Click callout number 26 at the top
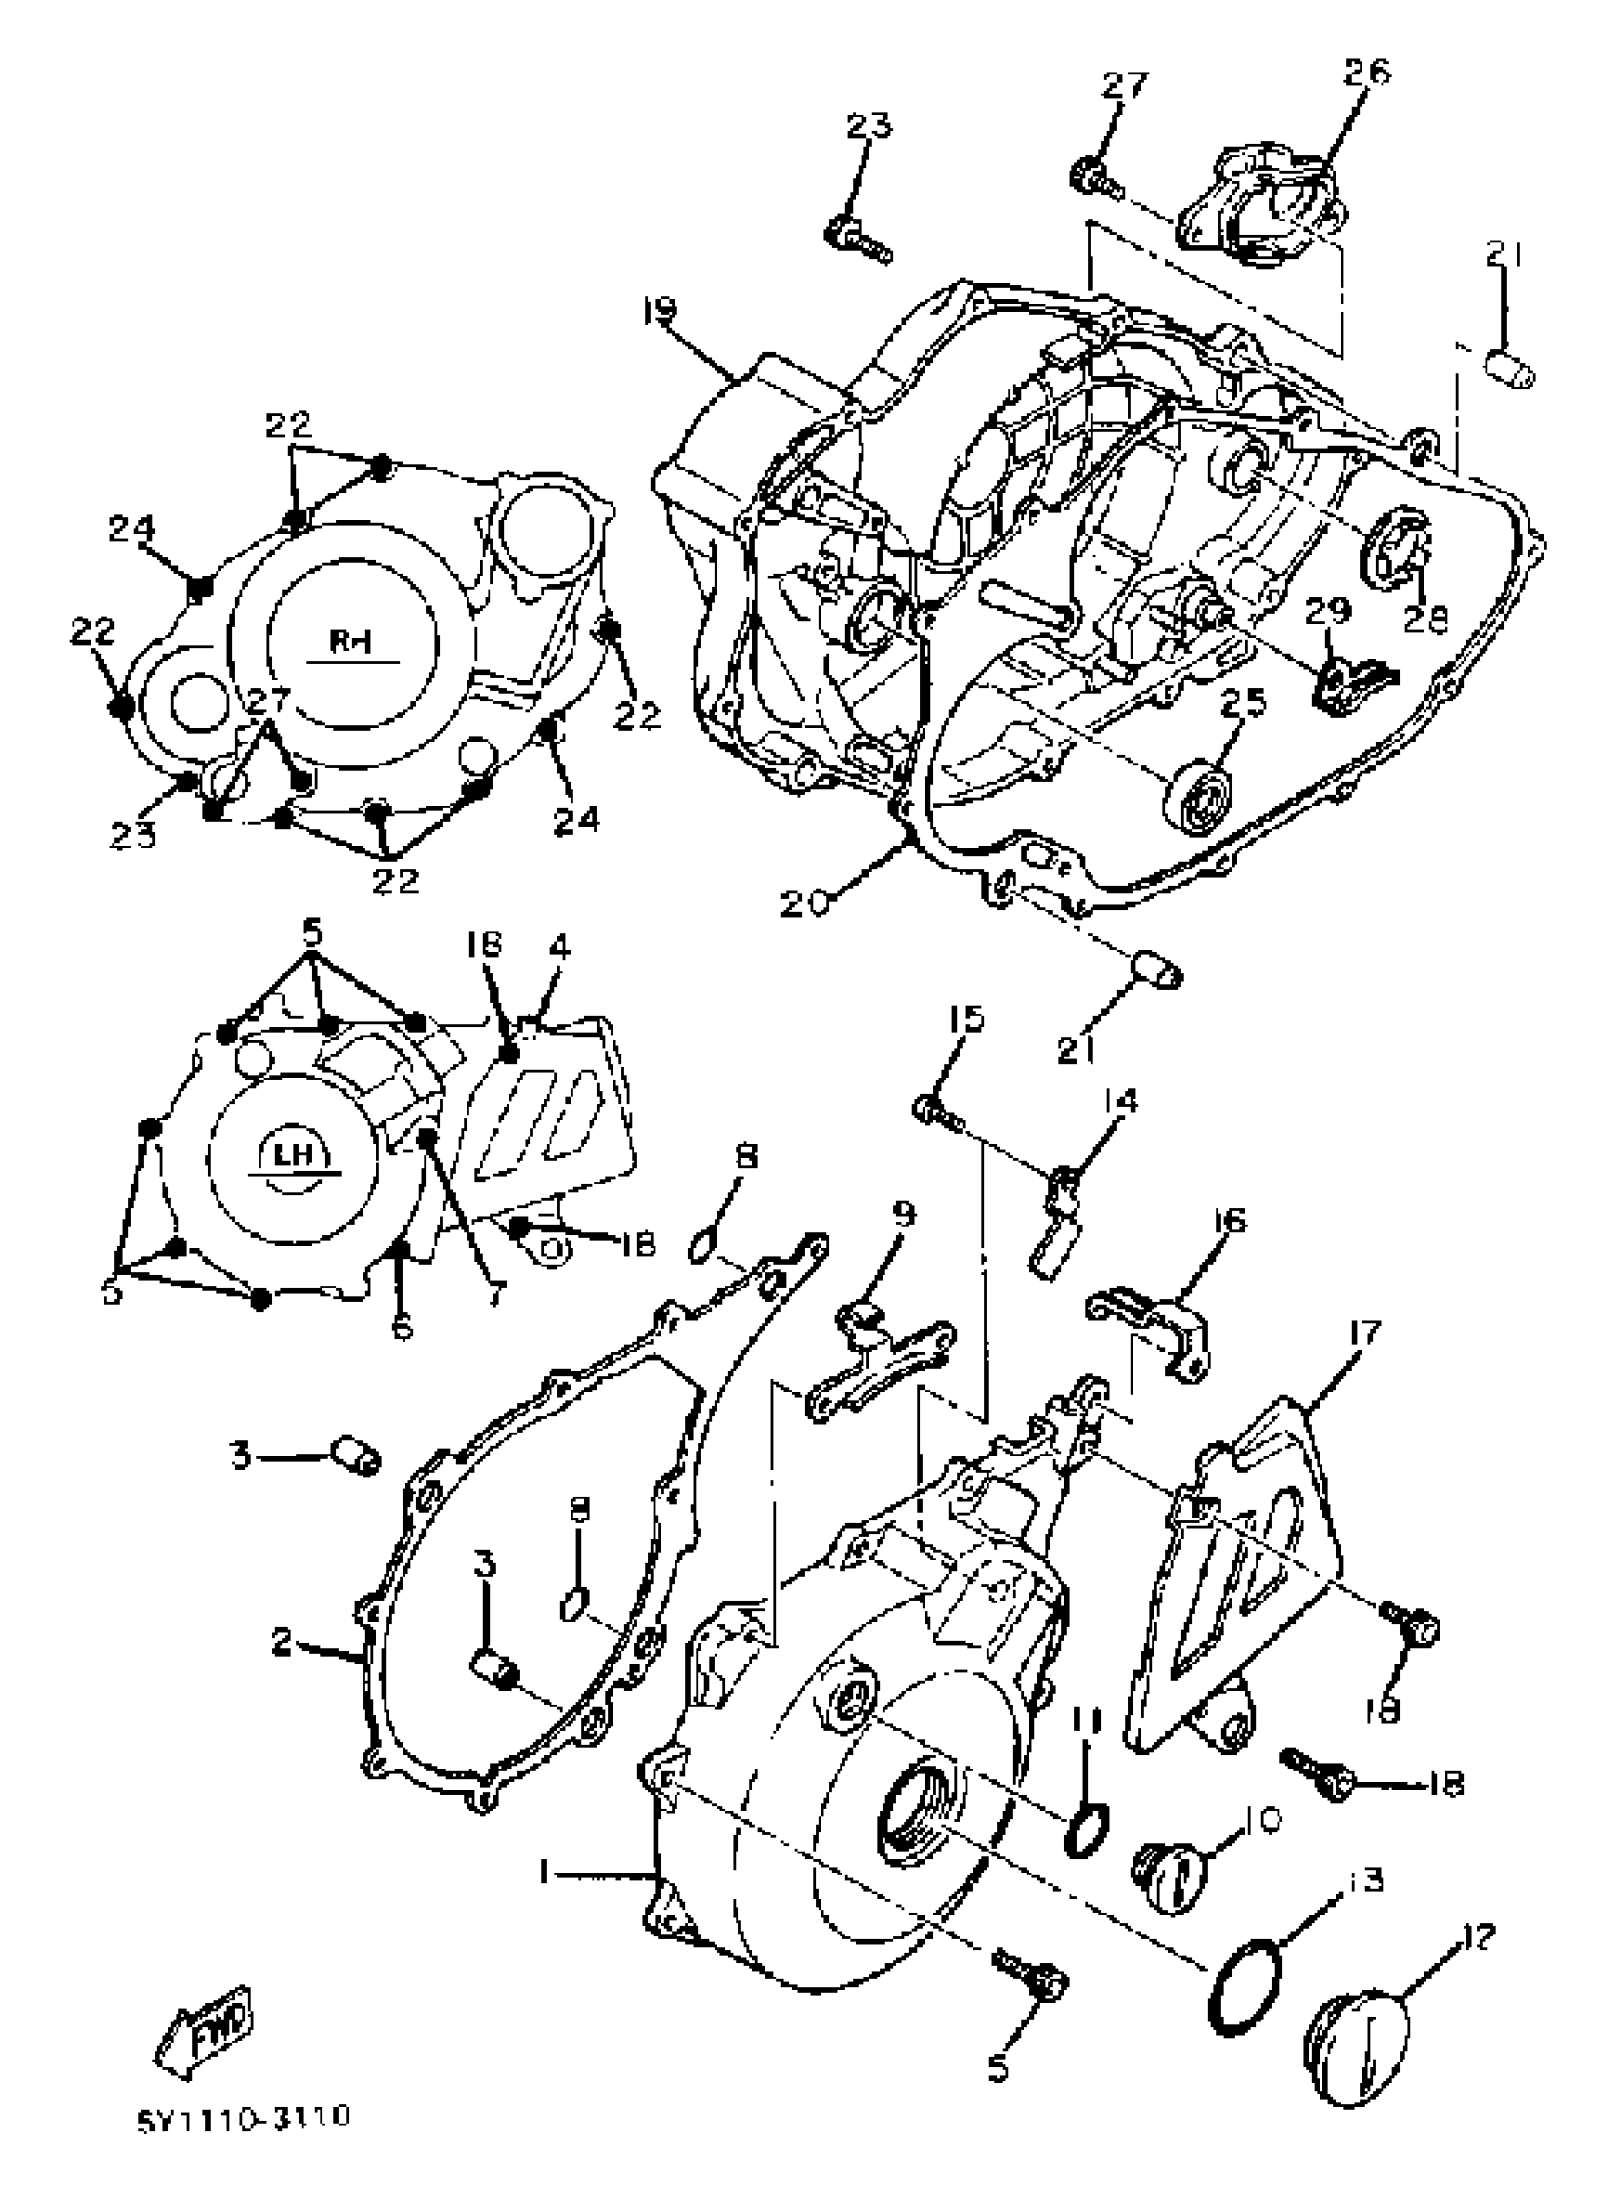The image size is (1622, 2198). (x=1367, y=71)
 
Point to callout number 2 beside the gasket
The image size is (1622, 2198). (x=282, y=1642)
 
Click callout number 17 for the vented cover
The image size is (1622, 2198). (x=1364, y=1332)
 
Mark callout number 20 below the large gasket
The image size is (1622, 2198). (x=805, y=903)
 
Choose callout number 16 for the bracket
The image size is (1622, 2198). (x=1228, y=1221)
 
